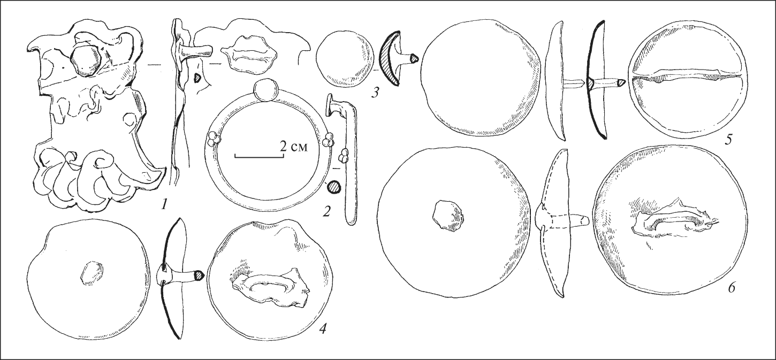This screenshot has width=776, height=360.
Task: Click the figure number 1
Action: [163, 205]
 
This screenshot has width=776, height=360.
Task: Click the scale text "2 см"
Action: [293, 147]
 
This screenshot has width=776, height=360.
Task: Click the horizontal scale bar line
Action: [260, 157]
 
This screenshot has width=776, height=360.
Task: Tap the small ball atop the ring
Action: [265, 90]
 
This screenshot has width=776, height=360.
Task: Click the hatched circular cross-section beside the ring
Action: [334, 187]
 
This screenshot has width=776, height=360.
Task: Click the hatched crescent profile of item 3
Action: [389, 63]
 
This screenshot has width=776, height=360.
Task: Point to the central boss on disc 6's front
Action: [447, 216]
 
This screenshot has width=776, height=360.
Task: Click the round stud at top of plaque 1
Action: [86, 60]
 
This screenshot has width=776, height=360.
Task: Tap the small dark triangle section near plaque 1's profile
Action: [197, 78]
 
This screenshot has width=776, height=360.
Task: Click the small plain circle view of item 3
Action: [346, 62]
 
